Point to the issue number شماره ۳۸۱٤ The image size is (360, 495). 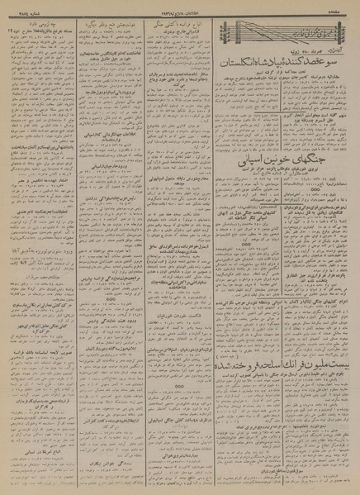coord(28,7)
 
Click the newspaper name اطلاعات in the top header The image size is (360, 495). coord(166,7)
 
